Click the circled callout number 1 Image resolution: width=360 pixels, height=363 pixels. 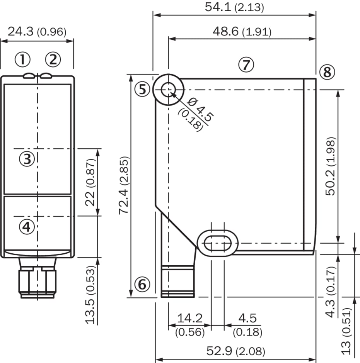[22, 59]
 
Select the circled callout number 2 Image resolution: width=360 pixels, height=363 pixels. [53, 59]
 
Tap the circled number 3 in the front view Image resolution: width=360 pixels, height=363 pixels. [27, 159]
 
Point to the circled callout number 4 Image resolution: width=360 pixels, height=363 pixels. [27, 227]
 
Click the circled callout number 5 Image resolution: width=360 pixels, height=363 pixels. [142, 89]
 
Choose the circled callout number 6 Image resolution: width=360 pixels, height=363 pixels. [142, 284]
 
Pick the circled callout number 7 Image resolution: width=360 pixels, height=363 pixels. [246, 64]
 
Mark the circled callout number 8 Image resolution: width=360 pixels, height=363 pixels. [327, 72]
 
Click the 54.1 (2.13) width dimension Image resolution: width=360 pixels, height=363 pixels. [234, 7]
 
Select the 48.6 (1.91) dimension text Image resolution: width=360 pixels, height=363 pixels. [242, 31]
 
